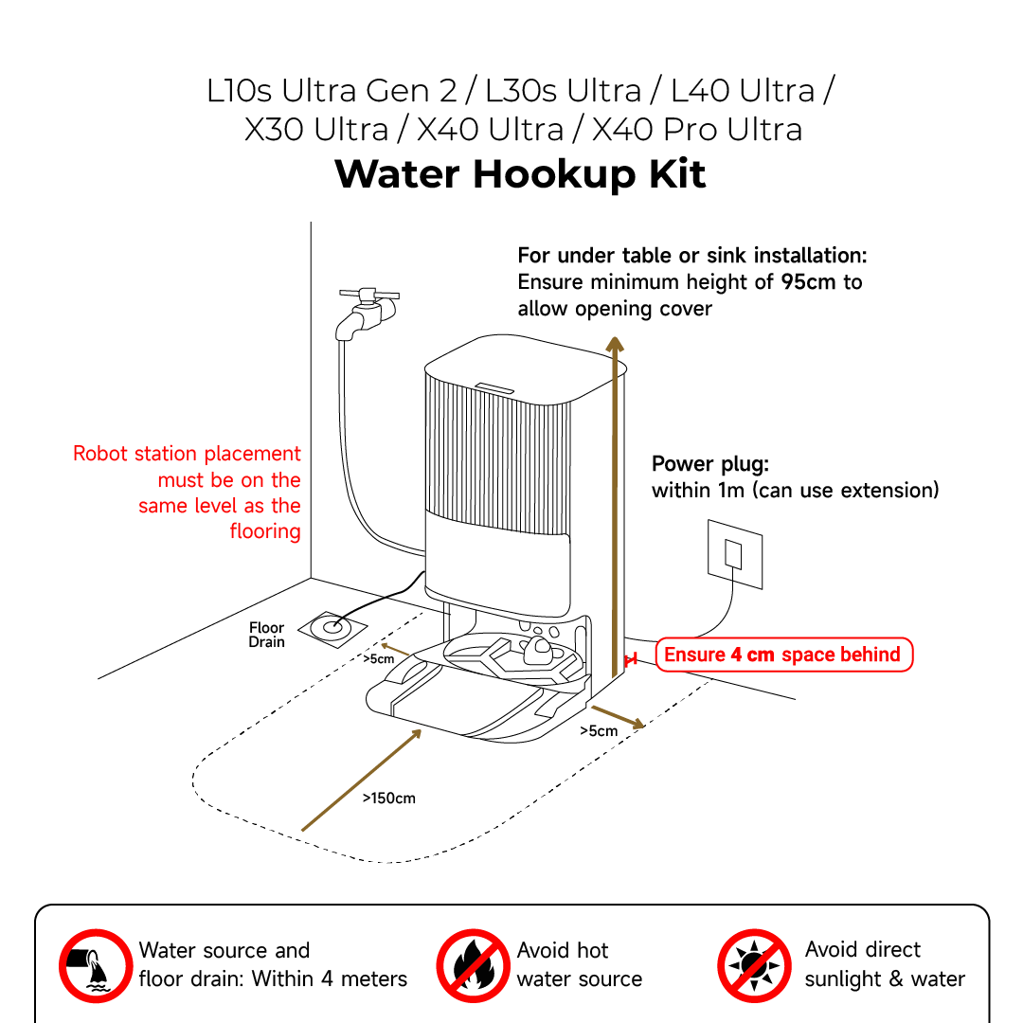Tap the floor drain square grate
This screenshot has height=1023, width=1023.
pyautogui.click(x=332, y=626)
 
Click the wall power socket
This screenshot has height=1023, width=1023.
pyautogui.click(x=734, y=553)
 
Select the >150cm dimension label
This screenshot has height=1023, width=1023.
pyautogui.click(x=388, y=798)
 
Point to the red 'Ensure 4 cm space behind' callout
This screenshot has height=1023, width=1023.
pyautogui.click(x=783, y=655)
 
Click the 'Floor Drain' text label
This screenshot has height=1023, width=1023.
pyautogui.click(x=266, y=635)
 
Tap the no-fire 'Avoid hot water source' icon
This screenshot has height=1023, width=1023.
pyautogui.click(x=473, y=965)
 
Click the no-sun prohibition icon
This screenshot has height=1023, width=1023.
pyautogui.click(x=753, y=965)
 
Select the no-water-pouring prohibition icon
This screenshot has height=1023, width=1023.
pyautogui.click(x=95, y=965)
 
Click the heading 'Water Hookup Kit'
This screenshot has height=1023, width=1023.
pyautogui.click(x=520, y=174)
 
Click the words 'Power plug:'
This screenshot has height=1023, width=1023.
pyautogui.click(x=710, y=464)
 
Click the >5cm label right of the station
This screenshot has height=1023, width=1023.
pyautogui.click(x=599, y=730)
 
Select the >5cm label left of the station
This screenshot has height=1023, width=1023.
pyautogui.click(x=379, y=659)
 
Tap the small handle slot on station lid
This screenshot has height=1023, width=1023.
pyautogui.click(x=494, y=386)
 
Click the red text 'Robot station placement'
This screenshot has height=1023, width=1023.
pyautogui.click(x=187, y=454)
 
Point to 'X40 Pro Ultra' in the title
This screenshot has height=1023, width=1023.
pyautogui.click(x=697, y=129)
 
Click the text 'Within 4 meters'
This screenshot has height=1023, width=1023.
pyautogui.click(x=330, y=979)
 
